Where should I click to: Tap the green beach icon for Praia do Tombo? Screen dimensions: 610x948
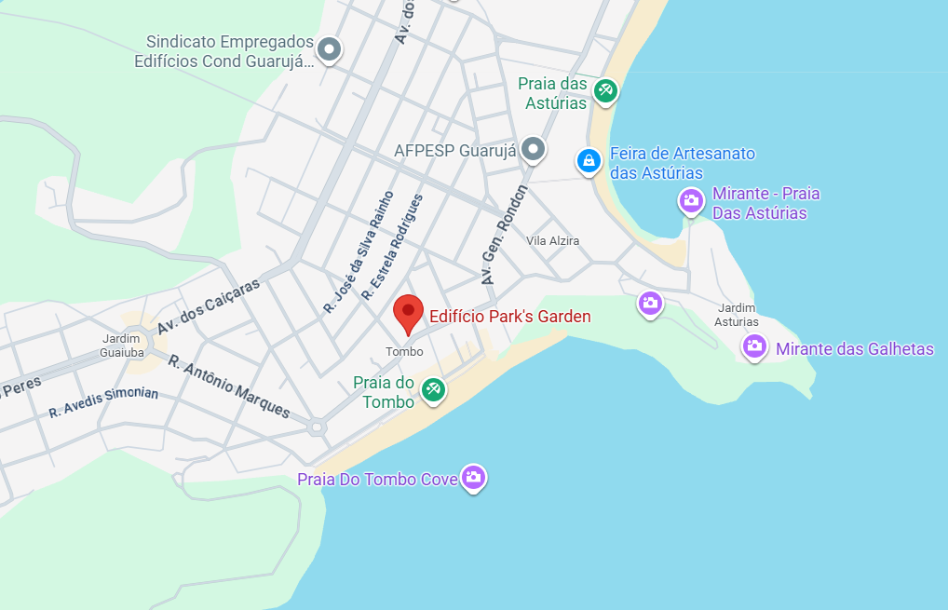pyautogui.click(x=432, y=389)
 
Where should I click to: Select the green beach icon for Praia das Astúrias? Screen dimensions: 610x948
pyautogui.click(x=606, y=89)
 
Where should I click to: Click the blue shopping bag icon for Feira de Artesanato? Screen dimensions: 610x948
pyautogui.click(x=588, y=161)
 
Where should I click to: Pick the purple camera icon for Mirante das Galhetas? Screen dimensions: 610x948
pyautogui.click(x=754, y=346)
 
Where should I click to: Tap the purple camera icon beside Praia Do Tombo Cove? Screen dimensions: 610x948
pyautogui.click(x=474, y=478)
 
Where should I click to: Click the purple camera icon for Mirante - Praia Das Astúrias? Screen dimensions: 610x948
pyautogui.click(x=691, y=199)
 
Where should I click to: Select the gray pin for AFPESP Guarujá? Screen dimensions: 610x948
pyautogui.click(x=533, y=147)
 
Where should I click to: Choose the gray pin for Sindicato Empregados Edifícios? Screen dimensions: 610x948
pyautogui.click(x=329, y=48)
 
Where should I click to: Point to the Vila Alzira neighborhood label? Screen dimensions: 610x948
pyautogui.click(x=552, y=241)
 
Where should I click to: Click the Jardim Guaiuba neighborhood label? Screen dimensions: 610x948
pyautogui.click(x=121, y=346)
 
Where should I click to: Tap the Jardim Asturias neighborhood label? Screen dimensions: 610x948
pyautogui.click(x=736, y=315)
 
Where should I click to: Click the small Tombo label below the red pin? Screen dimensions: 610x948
pyautogui.click(x=404, y=352)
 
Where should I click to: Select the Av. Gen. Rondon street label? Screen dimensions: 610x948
pyautogui.click(x=504, y=235)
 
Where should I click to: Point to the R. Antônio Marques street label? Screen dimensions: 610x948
pyautogui.click(x=229, y=386)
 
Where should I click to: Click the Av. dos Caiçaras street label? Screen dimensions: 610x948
pyautogui.click(x=209, y=307)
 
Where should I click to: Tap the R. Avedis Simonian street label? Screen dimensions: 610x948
pyautogui.click(x=103, y=401)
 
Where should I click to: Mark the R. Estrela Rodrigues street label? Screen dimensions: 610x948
pyautogui.click(x=392, y=247)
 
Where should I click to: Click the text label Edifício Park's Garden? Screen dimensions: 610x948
pyautogui.click(x=509, y=317)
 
